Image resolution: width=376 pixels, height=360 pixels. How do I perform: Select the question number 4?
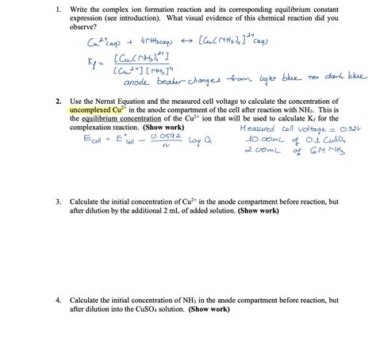59,301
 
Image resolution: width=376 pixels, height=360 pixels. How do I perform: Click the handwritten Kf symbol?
94,63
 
